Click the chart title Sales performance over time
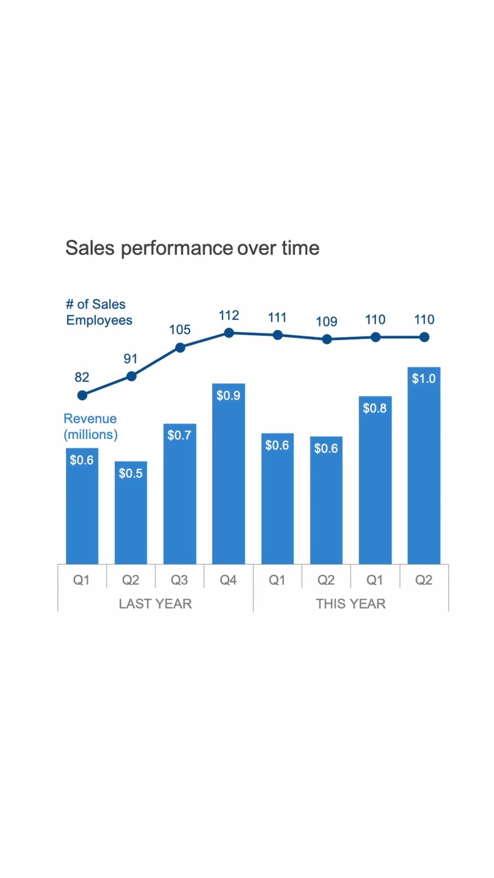tap(192, 248)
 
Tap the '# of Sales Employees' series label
tap(99, 312)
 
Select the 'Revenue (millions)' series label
tap(91, 427)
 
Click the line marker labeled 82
tap(82, 395)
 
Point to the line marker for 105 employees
tap(180, 348)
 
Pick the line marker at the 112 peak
tap(229, 333)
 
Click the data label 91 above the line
tap(130, 359)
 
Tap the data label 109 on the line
tap(327, 321)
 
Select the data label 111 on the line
tap(277, 317)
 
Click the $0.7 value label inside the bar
tap(179, 435)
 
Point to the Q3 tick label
tap(179, 580)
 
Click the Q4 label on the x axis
tap(228, 580)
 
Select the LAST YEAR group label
tap(155, 604)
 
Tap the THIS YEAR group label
tap(351, 604)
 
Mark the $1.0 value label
tap(424, 379)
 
